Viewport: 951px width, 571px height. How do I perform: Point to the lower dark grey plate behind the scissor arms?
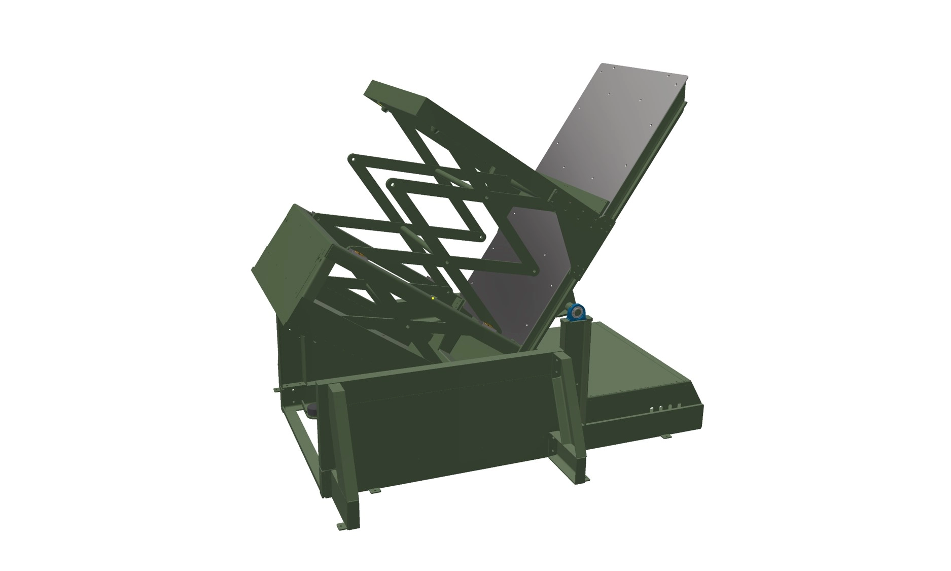coord(512,284)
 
